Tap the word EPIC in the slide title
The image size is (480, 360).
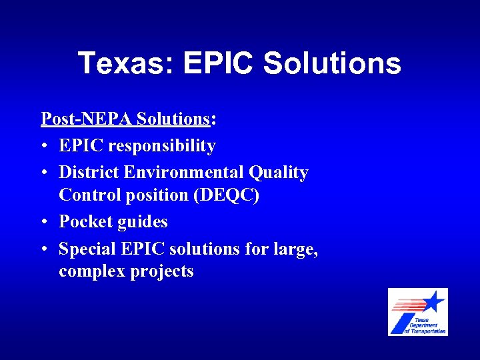pos(217,64)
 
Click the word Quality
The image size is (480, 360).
pos(279,173)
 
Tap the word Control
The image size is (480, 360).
pos(86,195)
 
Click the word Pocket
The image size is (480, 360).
pos(83,222)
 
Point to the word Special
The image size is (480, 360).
pos(87,249)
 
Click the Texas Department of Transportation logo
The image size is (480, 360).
pos(418,312)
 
